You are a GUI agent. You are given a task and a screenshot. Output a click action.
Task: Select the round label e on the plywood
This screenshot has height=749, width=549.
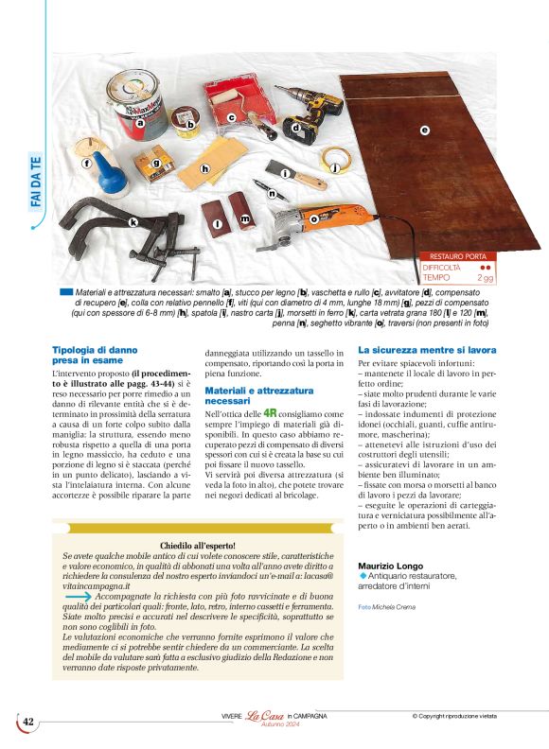(425, 130)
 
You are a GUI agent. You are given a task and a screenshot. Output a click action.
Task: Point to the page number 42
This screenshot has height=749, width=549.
(27, 722)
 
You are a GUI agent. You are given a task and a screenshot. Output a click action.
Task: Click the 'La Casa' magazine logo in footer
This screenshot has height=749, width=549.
(267, 721)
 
